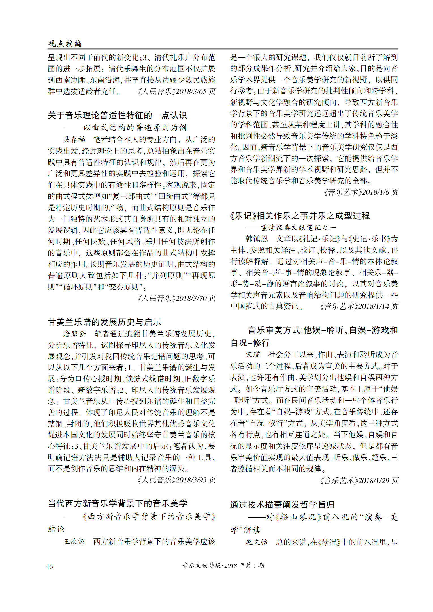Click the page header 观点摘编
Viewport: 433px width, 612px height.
[x=65, y=43]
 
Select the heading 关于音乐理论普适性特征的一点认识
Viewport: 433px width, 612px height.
[x=117, y=115]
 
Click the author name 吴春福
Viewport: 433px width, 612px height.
[x=74, y=139]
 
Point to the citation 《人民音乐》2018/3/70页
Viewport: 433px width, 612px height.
[x=176, y=298]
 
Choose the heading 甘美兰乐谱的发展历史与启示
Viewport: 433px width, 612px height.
[x=104, y=322]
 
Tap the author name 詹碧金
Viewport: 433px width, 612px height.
[x=74, y=334]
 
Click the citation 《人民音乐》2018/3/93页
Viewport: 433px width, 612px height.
[x=176, y=480]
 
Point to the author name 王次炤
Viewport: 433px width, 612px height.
[x=74, y=542]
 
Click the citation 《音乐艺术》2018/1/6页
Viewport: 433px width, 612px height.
[x=361, y=192]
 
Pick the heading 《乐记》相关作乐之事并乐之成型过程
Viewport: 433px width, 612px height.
[x=300, y=216]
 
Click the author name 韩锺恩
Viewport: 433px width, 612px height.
[x=257, y=239]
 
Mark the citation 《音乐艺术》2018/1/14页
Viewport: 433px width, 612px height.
[x=359, y=306]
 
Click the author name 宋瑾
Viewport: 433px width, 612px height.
[x=253, y=355]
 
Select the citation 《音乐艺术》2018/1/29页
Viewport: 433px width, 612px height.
[x=359, y=480]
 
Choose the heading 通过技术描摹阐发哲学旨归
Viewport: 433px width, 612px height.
[x=282, y=504]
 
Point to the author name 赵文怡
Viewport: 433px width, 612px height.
[x=257, y=542]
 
